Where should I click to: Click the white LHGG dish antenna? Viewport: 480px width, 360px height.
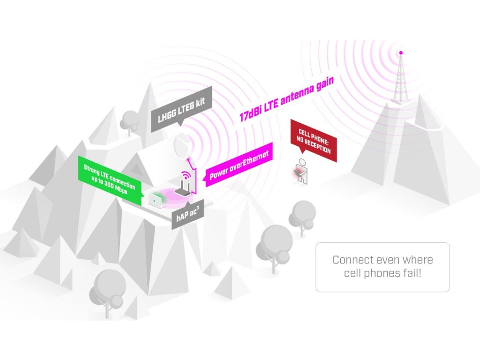[x=181, y=147]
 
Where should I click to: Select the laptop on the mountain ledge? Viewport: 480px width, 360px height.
[x=155, y=200]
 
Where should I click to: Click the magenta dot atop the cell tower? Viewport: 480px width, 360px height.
[x=401, y=52]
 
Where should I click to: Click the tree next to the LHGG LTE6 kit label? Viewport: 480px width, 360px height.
[x=129, y=120]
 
